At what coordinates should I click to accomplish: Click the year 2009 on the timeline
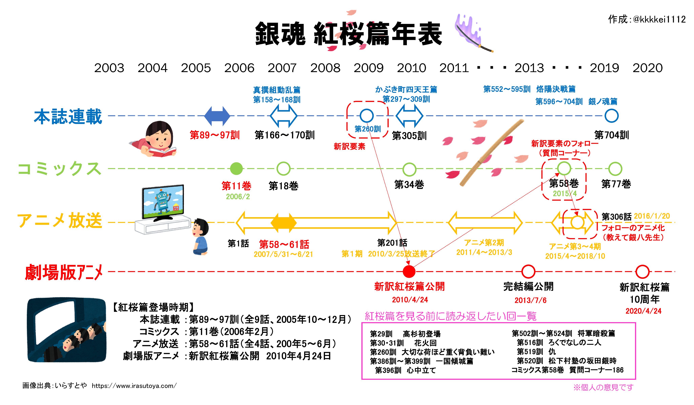point(369,68)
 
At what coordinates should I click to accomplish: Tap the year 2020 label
point(647,68)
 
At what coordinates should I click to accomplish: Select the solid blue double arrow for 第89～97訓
point(217,116)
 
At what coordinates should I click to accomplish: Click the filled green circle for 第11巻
point(236,169)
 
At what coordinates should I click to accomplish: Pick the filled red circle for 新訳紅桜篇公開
point(409,272)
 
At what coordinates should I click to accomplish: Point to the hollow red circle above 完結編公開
point(528,272)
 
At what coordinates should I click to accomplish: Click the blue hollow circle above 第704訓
point(611,116)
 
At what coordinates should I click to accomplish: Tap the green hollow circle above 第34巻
point(409,169)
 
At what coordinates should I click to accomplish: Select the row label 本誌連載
point(68,117)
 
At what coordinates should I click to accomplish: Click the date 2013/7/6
point(530,300)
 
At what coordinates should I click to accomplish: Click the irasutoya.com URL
point(134,386)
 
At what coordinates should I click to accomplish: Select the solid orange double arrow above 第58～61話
point(283,222)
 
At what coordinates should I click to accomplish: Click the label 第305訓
point(409,136)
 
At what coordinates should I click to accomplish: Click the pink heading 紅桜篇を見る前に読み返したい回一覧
point(451,316)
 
